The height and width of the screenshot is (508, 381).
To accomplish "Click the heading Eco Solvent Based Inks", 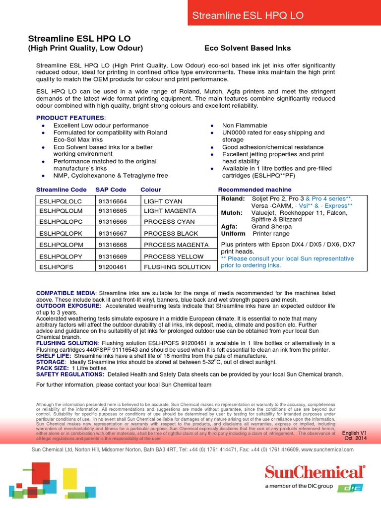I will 248,48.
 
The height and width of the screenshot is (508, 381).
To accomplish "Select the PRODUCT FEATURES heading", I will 70,118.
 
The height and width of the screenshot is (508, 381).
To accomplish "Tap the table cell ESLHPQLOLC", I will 59,201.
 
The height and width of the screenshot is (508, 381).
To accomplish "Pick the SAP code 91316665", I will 113,211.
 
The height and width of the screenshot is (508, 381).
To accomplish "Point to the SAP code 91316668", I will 113,245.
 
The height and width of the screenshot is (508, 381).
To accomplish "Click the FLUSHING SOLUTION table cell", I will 177,267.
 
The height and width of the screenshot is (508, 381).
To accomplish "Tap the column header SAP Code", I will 111,190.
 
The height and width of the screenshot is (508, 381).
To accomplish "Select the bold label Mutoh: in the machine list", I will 232,213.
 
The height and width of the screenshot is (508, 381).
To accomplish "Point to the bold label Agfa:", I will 230,226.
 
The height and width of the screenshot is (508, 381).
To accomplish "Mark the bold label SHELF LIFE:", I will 54,356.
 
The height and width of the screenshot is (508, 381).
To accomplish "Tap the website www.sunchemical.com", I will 327,449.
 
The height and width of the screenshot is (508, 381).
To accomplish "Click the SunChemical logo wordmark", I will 315,472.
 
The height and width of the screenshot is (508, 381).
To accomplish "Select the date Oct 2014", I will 356,439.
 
